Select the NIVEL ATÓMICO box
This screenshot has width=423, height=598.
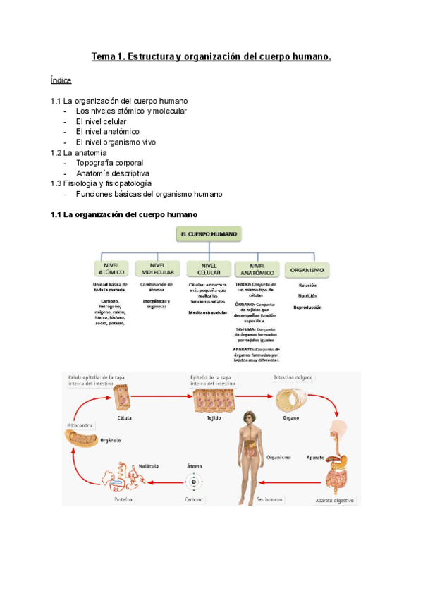point(111,269)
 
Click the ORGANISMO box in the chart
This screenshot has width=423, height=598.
point(307,269)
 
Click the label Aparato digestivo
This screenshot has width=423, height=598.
point(335,501)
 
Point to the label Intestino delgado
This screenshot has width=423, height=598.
point(292,377)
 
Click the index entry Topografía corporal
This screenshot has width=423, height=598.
point(109,163)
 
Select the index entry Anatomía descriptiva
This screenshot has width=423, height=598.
point(113,173)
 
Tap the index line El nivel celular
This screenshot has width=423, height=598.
point(101,121)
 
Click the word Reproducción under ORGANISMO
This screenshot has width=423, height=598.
point(307,307)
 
